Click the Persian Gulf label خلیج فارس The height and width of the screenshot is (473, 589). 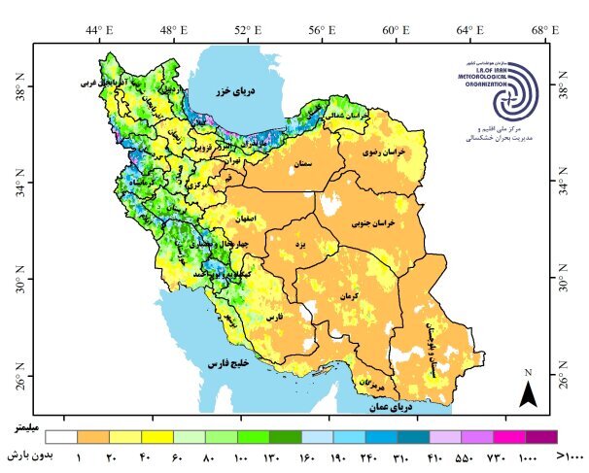227,362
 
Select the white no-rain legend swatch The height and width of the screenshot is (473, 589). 60,437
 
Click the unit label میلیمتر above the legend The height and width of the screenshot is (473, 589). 27,426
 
